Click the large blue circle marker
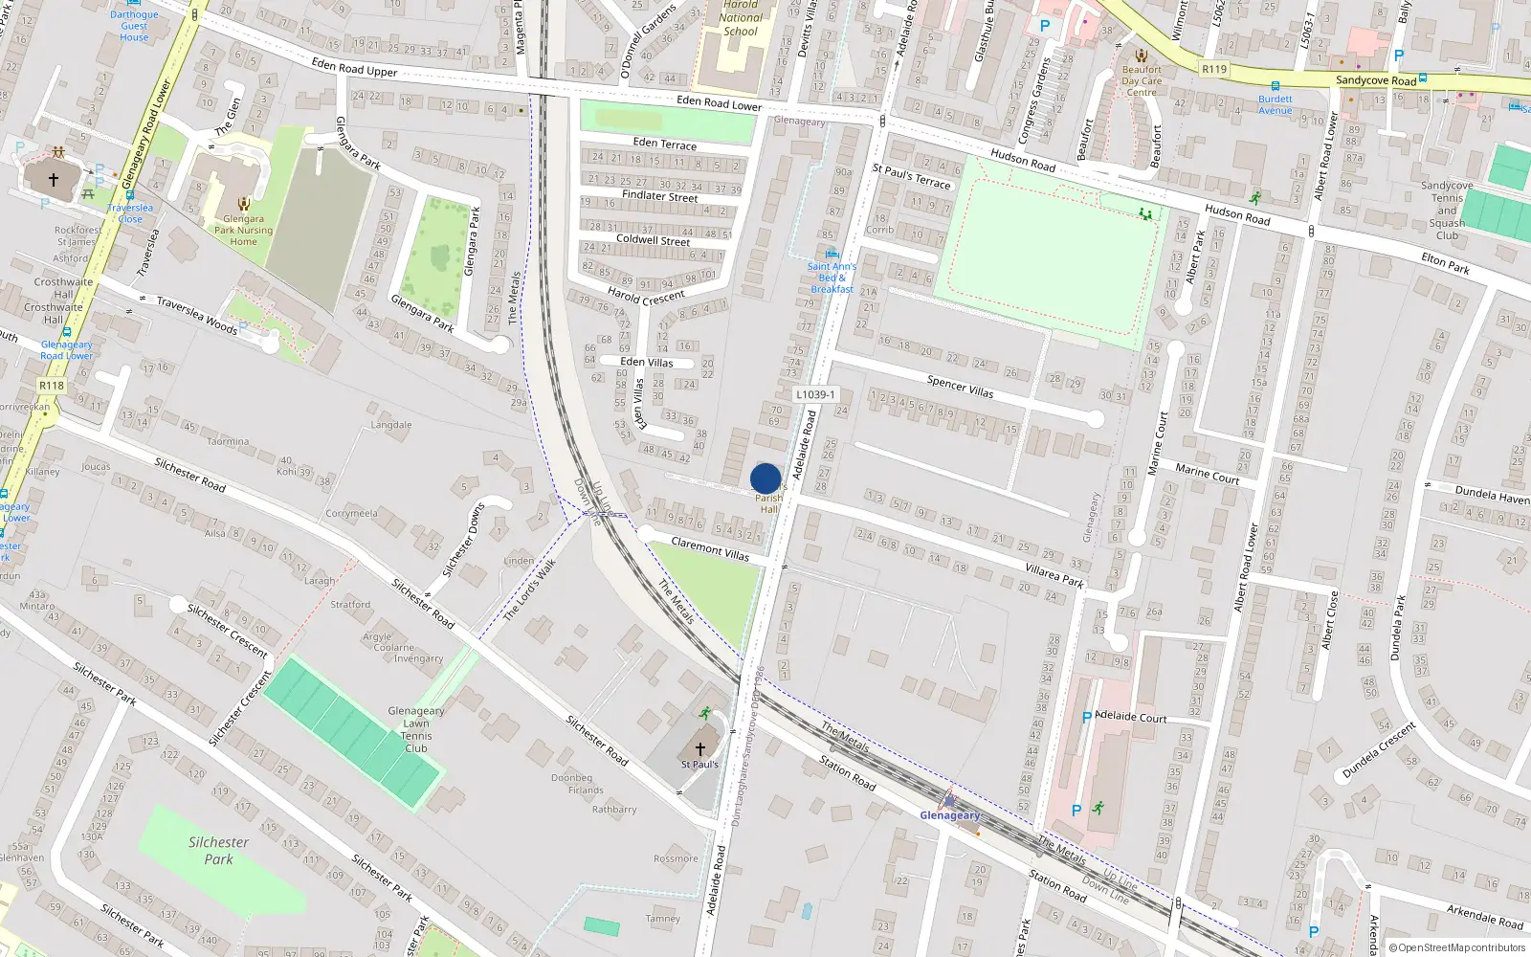(765, 478)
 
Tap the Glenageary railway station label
(949, 815)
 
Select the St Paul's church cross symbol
(699, 748)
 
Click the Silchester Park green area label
(218, 850)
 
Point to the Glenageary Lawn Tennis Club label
(416, 729)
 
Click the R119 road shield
(1214, 69)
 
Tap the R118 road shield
(52, 386)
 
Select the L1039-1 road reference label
(814, 394)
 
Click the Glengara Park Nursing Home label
(243, 230)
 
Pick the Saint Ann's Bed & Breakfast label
(832, 278)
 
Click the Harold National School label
(741, 18)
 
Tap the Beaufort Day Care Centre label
(1142, 80)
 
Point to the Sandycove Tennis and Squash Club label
(1447, 211)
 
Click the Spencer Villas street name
(960, 386)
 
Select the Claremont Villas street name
(710, 548)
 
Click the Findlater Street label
(659, 195)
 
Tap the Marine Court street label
(1207, 473)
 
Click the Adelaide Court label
(1130, 717)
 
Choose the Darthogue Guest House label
(134, 26)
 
